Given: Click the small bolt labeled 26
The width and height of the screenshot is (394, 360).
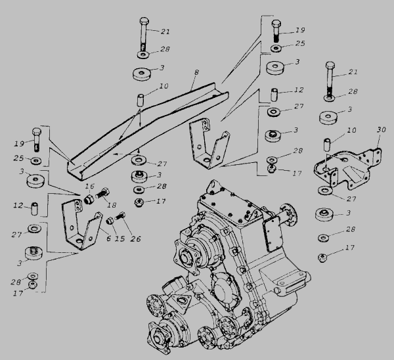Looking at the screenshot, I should click(120, 217).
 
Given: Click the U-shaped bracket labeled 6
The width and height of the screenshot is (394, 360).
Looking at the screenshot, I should click(79, 227).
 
